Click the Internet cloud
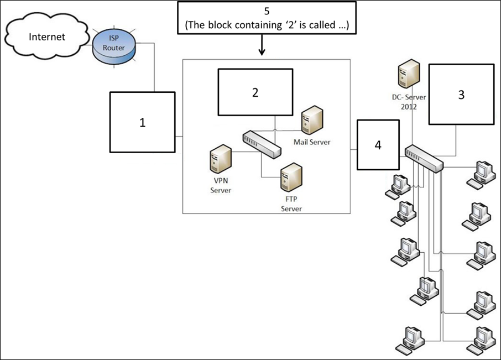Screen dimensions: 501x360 (46, 36)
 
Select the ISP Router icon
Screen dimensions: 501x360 (114, 47)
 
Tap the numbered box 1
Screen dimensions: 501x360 (143, 122)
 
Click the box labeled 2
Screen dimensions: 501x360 (255, 92)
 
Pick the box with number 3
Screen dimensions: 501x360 (461, 94)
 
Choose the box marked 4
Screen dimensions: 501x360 (378, 145)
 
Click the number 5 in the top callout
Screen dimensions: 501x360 (267, 11)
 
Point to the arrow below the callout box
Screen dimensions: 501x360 (262, 45)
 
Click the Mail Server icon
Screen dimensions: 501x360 (312, 120)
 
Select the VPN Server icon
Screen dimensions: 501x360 (221, 159)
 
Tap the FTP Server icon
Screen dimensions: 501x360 (291, 178)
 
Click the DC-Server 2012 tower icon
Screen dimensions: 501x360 (409, 74)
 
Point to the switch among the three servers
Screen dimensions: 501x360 (262, 144)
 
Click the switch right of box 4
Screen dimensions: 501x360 (424, 159)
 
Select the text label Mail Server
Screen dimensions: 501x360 (312, 142)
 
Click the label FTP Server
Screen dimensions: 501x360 (291, 204)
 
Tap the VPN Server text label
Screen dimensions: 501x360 (221, 185)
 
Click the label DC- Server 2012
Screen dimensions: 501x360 (409, 102)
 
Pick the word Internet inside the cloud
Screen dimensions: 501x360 (47, 36)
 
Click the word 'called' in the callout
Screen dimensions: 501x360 (322, 25)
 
